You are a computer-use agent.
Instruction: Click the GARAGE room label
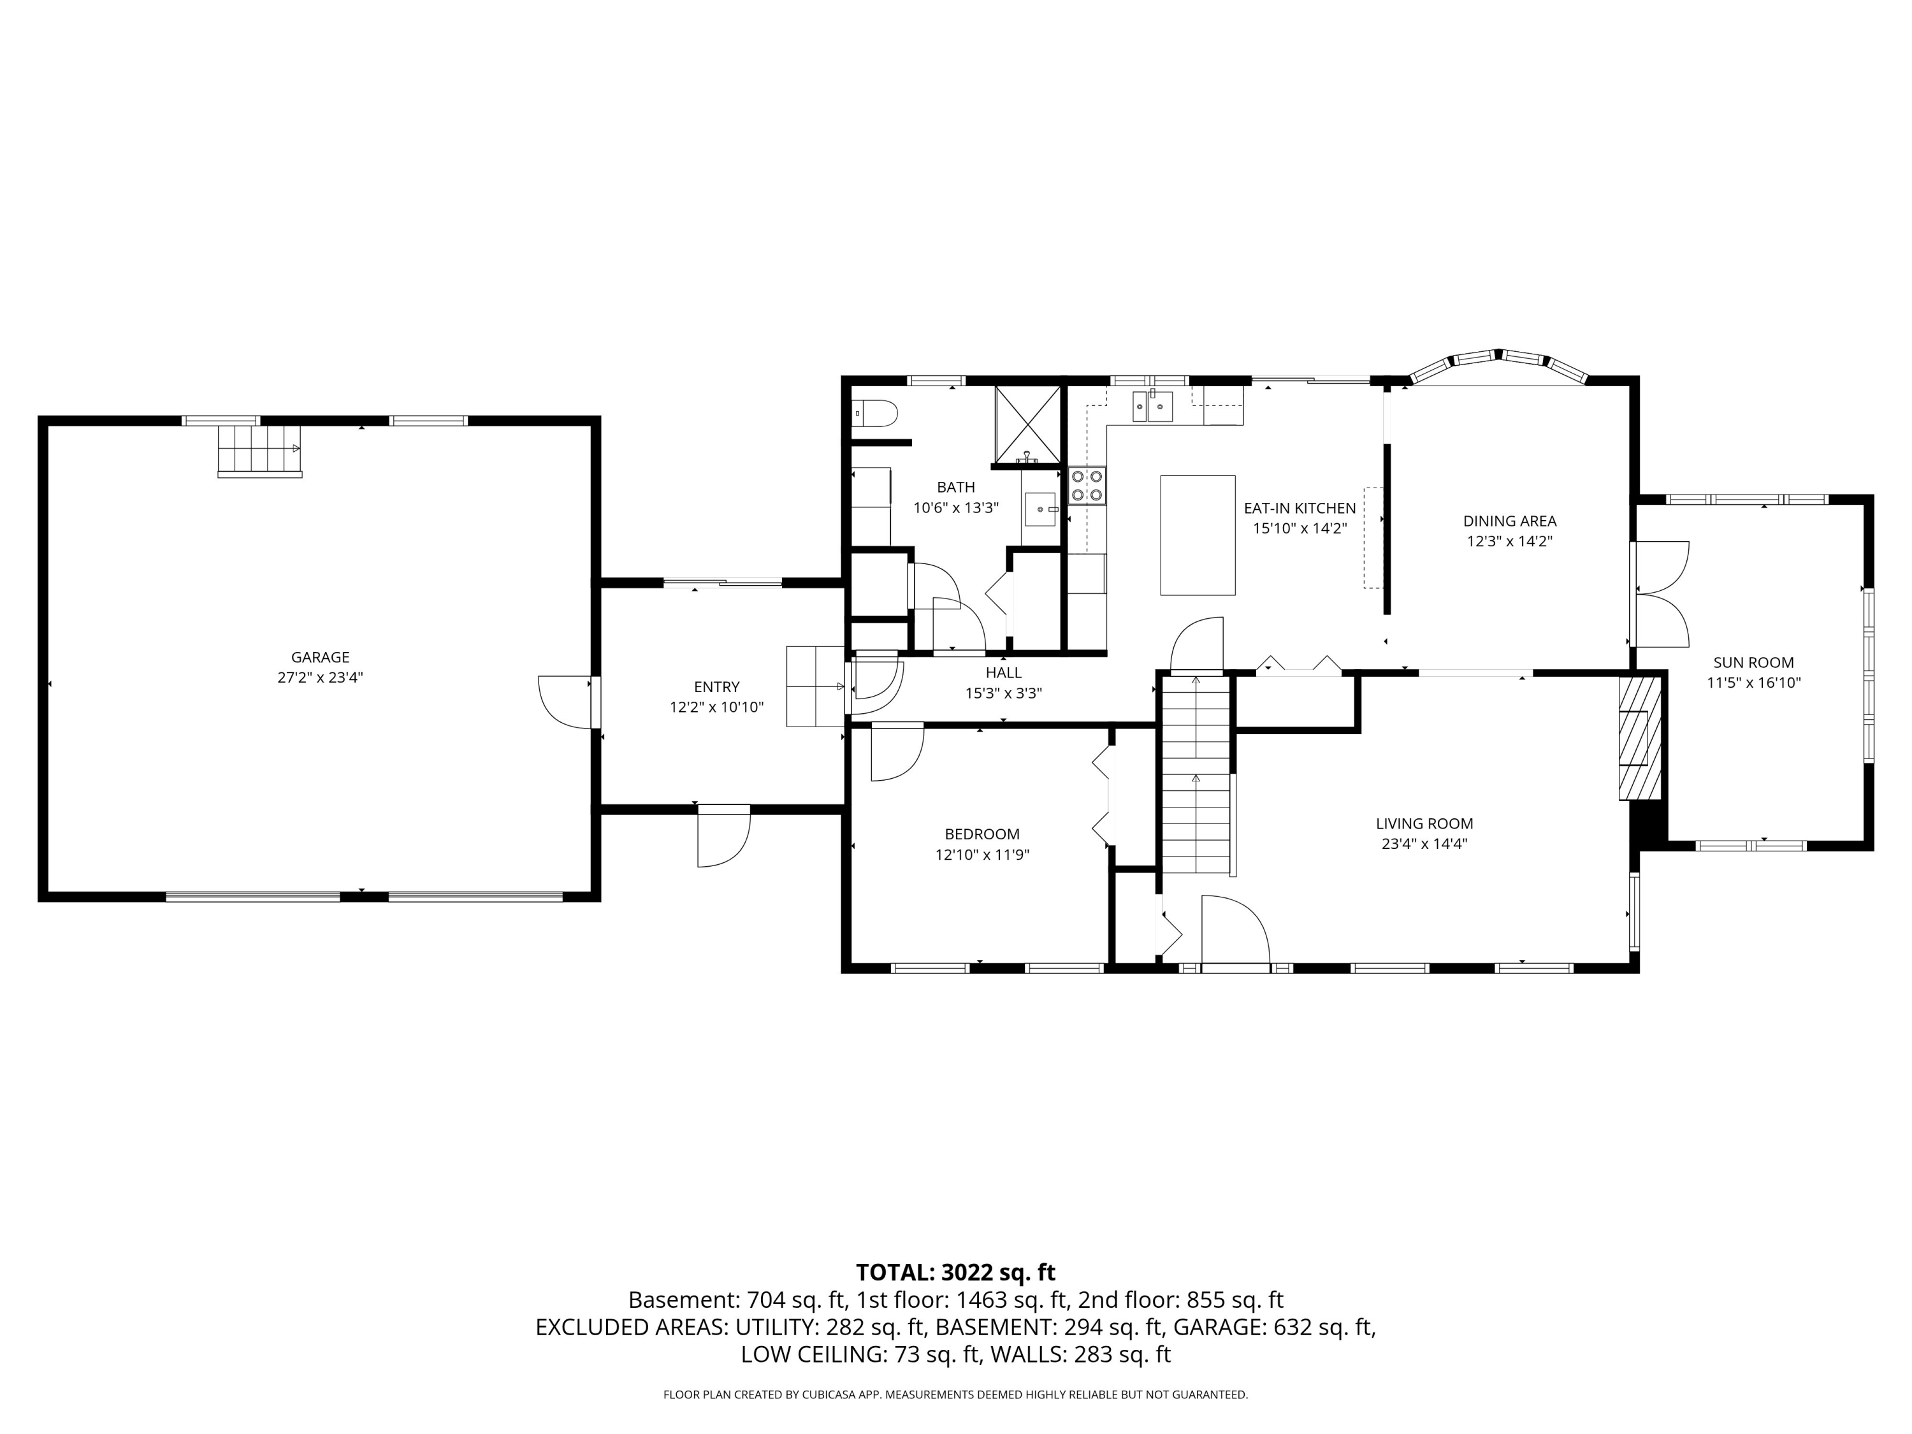(320, 657)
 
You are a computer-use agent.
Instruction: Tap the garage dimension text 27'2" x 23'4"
(320, 677)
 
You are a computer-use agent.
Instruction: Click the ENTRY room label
(716, 687)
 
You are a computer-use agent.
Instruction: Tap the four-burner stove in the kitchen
(1087, 485)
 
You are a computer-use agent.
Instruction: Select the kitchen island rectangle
(1197, 535)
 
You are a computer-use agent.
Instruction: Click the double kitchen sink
(1153, 406)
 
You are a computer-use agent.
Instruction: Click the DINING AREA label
(1509, 521)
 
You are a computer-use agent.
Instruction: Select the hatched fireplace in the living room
(1640, 738)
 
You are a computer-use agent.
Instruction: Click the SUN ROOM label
(1753, 663)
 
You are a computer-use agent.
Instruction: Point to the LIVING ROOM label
(1424, 823)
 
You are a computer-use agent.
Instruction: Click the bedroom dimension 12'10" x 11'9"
(982, 855)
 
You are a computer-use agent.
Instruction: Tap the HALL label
(1004, 672)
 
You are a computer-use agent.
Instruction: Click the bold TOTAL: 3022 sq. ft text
(955, 1272)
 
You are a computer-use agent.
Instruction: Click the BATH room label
(956, 488)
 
